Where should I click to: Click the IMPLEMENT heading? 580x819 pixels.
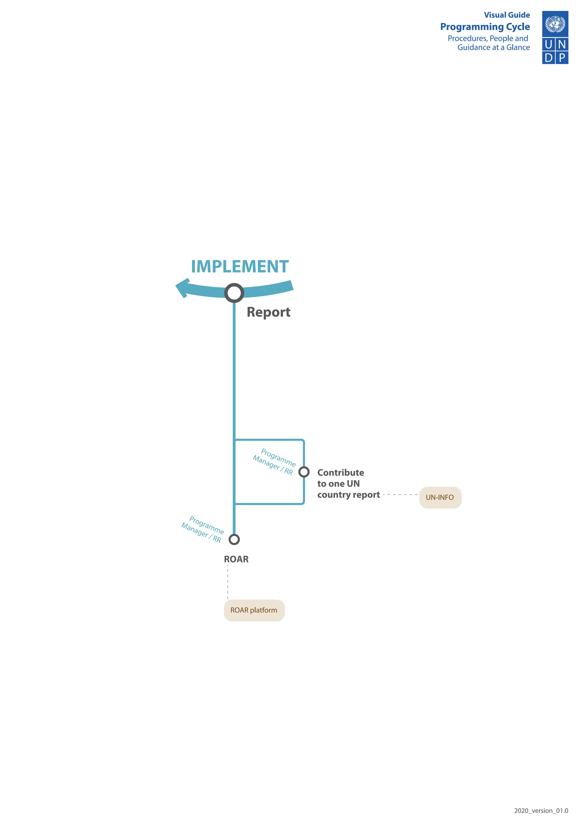coord(240,267)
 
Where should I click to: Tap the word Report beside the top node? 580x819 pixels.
coord(268,312)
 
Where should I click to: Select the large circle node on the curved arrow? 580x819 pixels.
coord(234,293)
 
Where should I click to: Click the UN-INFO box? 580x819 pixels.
coord(440,497)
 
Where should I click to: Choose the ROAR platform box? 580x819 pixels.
coord(254,610)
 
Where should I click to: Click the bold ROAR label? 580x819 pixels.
coord(236,559)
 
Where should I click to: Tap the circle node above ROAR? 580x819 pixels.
coord(234,539)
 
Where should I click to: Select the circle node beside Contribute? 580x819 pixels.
coord(304,472)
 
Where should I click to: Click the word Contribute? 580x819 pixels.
coord(341,473)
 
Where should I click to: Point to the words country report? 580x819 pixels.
coord(349,495)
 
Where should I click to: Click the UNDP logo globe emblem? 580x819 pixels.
coord(555,24)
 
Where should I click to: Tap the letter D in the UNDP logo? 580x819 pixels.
coord(549,57)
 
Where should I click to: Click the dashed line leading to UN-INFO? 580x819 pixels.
coord(400,495)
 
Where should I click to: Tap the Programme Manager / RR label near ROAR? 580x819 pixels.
coord(202,529)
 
